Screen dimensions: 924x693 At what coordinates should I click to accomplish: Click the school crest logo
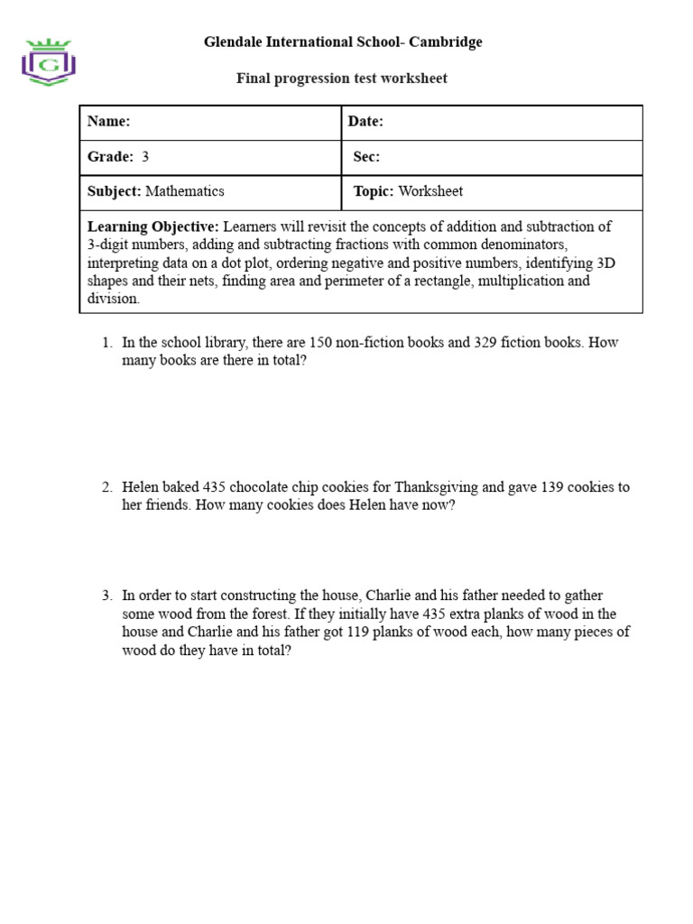(x=49, y=62)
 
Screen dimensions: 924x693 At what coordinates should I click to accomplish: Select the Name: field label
(x=109, y=122)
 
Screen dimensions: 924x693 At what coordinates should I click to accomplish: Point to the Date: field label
(x=366, y=122)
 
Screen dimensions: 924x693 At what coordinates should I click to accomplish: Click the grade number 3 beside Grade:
(x=145, y=157)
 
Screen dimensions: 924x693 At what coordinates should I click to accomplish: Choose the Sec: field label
(x=366, y=157)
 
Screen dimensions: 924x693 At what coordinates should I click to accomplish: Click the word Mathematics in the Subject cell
(x=185, y=191)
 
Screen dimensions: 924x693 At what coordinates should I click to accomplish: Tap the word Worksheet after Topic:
(x=430, y=191)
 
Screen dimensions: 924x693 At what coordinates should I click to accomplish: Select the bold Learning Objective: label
(x=153, y=226)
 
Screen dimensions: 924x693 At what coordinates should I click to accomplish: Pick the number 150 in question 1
(x=320, y=343)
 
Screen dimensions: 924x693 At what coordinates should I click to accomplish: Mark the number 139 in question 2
(x=551, y=487)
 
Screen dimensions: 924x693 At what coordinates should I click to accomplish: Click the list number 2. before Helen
(x=106, y=487)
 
